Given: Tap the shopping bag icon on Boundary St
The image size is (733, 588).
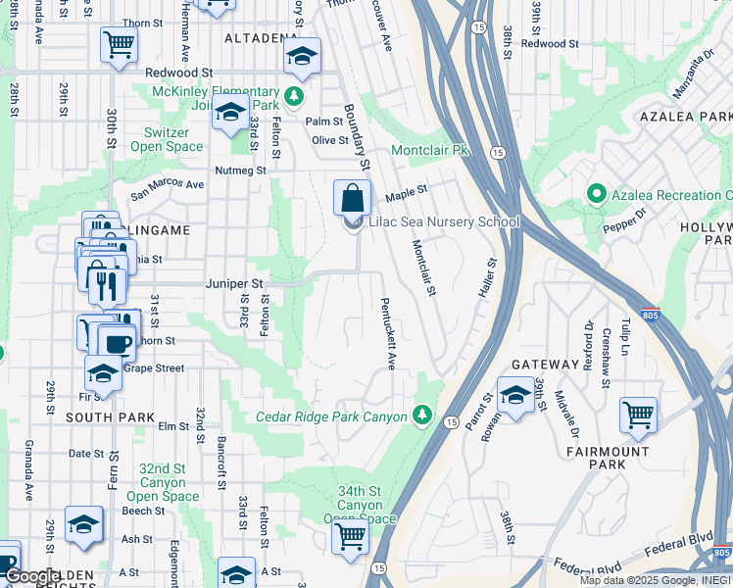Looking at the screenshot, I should (x=352, y=199).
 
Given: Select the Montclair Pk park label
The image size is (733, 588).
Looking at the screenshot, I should (x=431, y=151).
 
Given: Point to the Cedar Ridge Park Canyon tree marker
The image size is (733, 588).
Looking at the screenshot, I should (x=422, y=416).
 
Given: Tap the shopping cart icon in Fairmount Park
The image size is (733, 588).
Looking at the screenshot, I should (x=638, y=416).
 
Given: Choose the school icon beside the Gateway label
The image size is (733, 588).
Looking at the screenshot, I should (x=514, y=396).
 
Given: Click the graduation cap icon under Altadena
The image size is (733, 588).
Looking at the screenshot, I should (x=303, y=56).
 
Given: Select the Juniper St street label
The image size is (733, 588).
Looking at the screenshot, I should (x=235, y=283).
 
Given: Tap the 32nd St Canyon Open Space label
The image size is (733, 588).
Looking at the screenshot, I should (x=162, y=482).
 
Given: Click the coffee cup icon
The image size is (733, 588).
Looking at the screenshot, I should (x=118, y=343).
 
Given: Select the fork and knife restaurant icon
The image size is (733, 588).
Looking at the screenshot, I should (x=107, y=285).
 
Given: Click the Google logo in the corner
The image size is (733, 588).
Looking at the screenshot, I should (x=32, y=576).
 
